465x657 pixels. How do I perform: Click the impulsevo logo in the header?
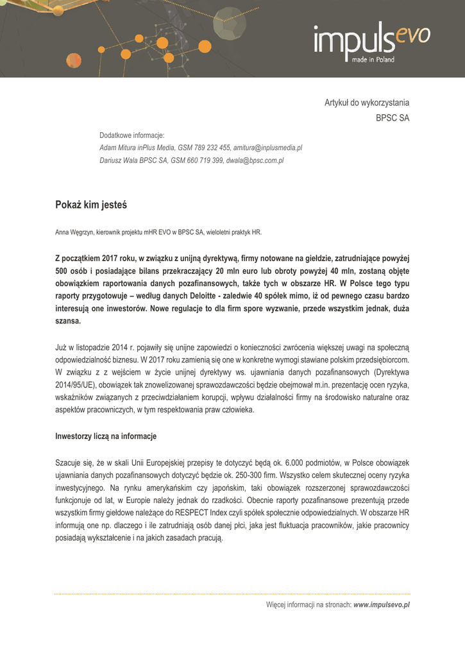point(371,40)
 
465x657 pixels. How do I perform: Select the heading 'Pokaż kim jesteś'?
point(91,205)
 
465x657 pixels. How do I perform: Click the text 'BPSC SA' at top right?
point(392,118)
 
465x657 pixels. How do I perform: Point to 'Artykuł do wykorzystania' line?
point(366,103)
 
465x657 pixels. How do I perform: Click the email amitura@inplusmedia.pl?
point(267,148)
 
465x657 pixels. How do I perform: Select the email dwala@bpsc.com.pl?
point(255,160)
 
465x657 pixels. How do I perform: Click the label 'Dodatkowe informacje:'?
point(132,135)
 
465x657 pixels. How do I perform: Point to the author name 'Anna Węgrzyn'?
point(75,232)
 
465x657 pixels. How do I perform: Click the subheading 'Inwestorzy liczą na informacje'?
point(106,436)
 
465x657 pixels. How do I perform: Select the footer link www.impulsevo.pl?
point(382,604)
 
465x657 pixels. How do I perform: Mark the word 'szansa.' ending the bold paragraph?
point(68,321)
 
